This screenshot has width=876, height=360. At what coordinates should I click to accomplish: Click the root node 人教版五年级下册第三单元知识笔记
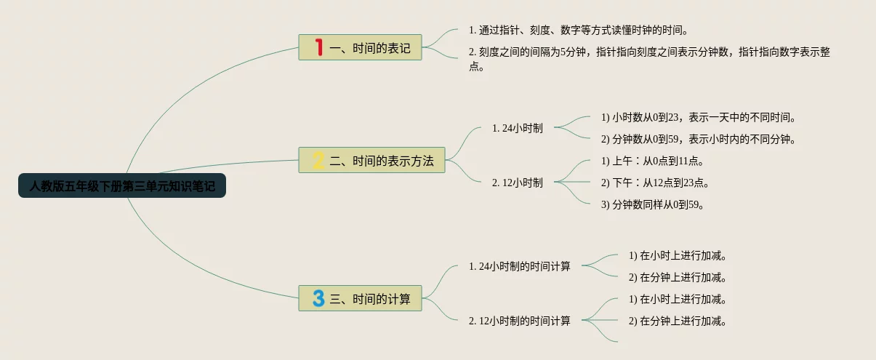point(122,186)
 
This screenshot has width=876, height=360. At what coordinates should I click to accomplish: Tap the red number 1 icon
point(318,48)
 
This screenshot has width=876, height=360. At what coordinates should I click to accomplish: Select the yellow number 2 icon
point(318,160)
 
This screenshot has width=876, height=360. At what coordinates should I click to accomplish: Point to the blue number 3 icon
point(318,298)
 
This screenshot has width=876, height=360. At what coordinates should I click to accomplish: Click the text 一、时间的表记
point(370,49)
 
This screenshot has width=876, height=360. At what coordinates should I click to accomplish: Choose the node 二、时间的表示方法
point(382,161)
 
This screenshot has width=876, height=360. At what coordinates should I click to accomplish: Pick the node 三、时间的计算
point(370,299)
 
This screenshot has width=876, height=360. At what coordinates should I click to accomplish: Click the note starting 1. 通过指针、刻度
point(579,31)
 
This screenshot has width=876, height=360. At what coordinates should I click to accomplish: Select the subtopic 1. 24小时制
point(517,128)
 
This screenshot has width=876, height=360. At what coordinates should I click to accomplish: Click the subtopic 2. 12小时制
point(517,183)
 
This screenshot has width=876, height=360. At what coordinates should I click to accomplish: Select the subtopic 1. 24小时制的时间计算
point(520,266)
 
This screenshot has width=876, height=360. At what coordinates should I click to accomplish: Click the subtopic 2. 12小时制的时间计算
point(520,321)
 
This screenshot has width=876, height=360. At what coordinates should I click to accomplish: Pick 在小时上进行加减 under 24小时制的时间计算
point(678,255)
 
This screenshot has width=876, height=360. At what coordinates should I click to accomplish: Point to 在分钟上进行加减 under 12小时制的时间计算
point(678,321)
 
